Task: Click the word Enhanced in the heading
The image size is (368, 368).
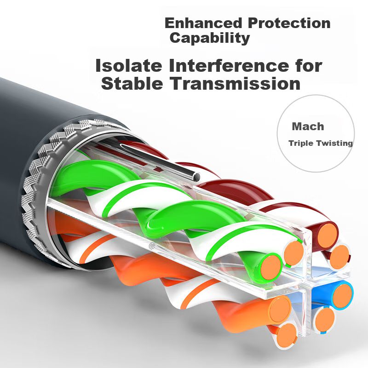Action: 203,23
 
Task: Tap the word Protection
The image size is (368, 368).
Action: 289,23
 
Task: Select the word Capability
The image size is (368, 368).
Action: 210,38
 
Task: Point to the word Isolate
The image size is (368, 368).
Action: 129,65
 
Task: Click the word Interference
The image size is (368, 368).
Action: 229,65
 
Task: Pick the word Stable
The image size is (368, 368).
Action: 132,83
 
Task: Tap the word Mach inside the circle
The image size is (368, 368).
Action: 308,126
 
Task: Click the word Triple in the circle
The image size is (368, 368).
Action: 301,143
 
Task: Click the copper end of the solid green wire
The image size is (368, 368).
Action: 270,267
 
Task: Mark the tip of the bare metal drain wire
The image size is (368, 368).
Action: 196,177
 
